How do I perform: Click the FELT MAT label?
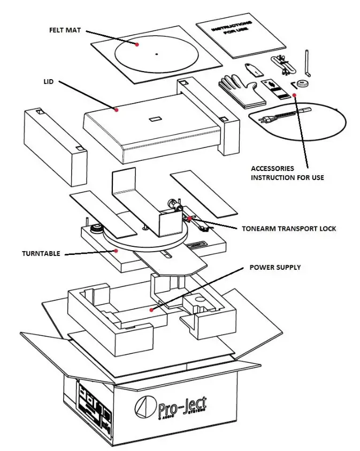(66, 29)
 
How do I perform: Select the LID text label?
(48, 83)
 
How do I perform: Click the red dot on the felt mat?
(137, 45)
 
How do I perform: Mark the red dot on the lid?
(116, 110)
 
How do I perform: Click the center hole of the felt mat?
(156, 53)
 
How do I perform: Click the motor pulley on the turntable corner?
(97, 228)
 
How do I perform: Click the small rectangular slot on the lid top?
(155, 119)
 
